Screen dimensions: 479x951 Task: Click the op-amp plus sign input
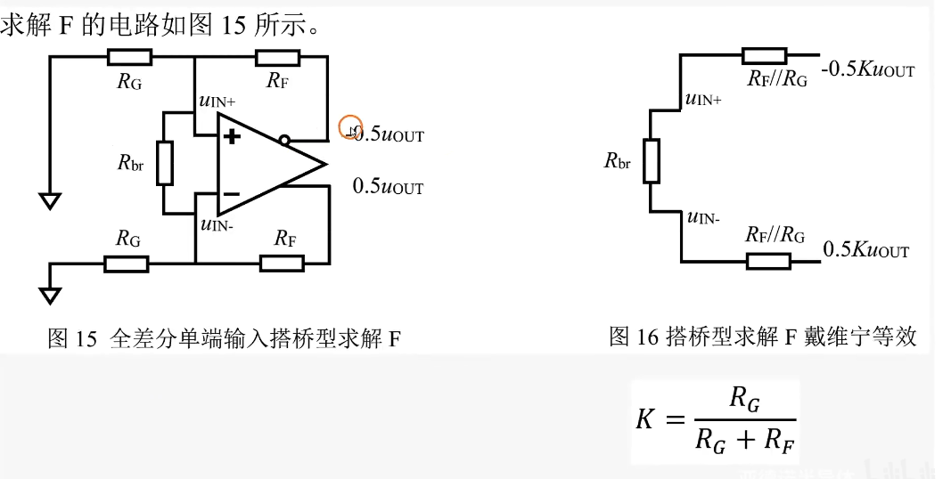pyautogui.click(x=232, y=136)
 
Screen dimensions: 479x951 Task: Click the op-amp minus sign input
pyautogui.click(x=231, y=193)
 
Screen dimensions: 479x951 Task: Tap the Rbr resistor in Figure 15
pyautogui.click(x=165, y=162)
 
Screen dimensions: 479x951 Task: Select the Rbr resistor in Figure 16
pyautogui.click(x=652, y=161)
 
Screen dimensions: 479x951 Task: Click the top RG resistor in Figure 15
pyautogui.click(x=129, y=57)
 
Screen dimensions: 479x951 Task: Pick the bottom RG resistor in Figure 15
pyautogui.click(x=126, y=264)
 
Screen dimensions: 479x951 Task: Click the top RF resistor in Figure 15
pyautogui.click(x=277, y=57)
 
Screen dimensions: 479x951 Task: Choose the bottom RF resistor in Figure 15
pyautogui.click(x=282, y=263)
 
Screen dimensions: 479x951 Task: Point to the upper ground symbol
pyautogui.click(x=51, y=200)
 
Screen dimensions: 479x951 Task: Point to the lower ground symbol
pyautogui.click(x=52, y=295)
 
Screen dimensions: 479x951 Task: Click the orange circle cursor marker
pyautogui.click(x=349, y=127)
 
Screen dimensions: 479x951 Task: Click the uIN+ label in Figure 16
pyautogui.click(x=703, y=98)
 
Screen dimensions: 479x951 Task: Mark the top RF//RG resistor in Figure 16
pyautogui.click(x=765, y=56)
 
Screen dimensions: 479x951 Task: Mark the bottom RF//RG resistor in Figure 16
pyautogui.click(x=768, y=261)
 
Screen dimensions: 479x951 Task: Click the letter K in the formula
pyautogui.click(x=645, y=418)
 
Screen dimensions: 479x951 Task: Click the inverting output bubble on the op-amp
pyautogui.click(x=283, y=140)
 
